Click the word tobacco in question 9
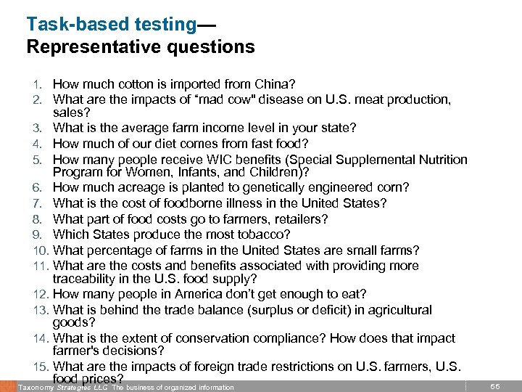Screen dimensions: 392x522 point(264,234)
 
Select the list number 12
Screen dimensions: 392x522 point(41,294)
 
